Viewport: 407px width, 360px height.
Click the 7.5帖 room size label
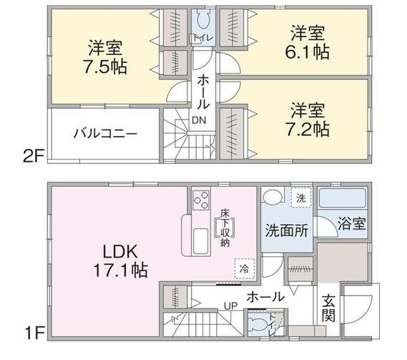(x=105, y=67)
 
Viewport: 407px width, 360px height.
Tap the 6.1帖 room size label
(x=308, y=52)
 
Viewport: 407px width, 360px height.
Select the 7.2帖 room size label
(x=308, y=130)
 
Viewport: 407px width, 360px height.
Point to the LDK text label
(x=120, y=251)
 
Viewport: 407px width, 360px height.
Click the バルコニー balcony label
(x=105, y=134)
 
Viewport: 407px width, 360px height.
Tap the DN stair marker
(x=199, y=120)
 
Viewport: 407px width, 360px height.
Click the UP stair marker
(x=231, y=306)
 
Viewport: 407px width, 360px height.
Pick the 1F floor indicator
(x=34, y=334)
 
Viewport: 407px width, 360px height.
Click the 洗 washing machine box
(x=301, y=198)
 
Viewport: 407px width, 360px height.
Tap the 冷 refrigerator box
(x=244, y=269)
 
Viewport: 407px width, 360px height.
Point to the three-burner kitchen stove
(x=201, y=200)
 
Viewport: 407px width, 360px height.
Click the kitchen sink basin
(x=201, y=241)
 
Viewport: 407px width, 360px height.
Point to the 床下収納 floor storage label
(x=225, y=228)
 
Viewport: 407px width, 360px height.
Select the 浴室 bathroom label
(x=352, y=224)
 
